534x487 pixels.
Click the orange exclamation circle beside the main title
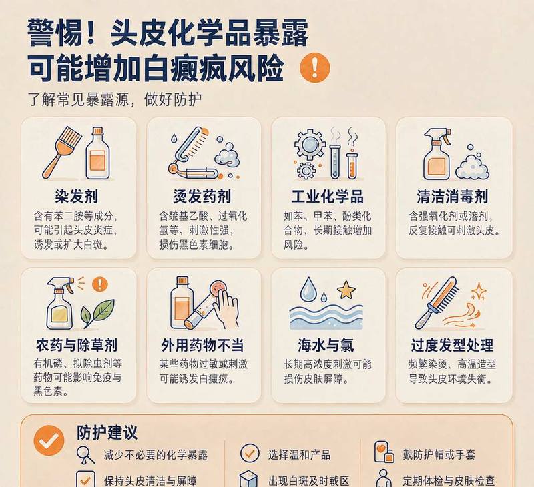coord(314,67)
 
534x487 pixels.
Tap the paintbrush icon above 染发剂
coord(61,153)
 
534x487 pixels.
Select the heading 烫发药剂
coord(202,197)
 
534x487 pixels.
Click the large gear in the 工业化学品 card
coord(310,144)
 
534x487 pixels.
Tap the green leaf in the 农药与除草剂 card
coord(97,313)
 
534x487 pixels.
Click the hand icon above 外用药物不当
coord(226,308)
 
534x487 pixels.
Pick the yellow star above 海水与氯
coord(346,290)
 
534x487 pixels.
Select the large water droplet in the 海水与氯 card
coord(308,289)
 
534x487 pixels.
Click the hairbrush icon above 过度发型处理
coord(437,303)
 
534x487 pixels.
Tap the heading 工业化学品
coord(327,197)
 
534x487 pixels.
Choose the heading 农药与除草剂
coord(77,345)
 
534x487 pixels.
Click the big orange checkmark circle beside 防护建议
coord(49,440)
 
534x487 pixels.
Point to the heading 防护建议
coord(107,432)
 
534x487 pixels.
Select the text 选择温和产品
coord(299,454)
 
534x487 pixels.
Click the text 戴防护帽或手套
coord(439,454)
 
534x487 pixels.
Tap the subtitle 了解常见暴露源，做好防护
coord(115,99)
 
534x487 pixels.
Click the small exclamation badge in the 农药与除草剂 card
coord(99,283)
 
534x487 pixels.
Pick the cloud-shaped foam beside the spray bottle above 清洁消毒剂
coord(472,163)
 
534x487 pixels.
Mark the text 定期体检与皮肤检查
coord(449,480)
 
